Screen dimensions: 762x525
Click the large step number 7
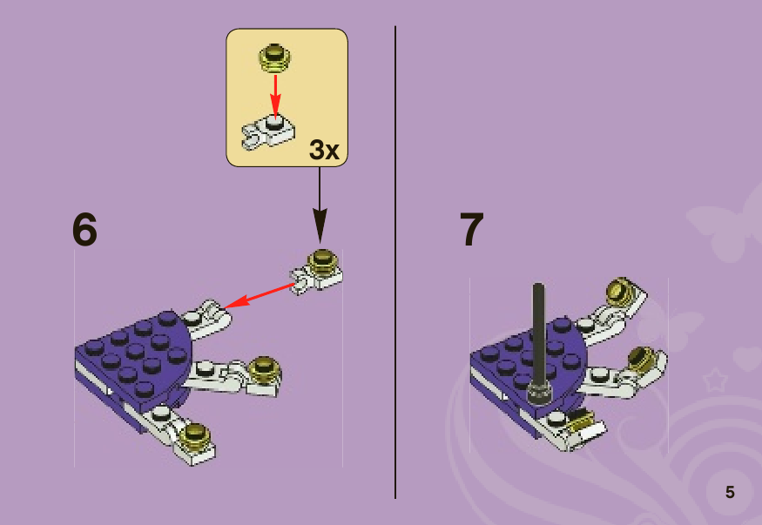coord(471,229)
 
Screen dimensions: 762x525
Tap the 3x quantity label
coord(324,149)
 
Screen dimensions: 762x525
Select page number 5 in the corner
coord(730,492)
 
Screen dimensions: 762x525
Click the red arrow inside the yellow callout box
coord(275,96)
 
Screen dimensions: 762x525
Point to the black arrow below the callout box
coord(320,204)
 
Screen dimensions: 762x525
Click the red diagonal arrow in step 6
coord(260,295)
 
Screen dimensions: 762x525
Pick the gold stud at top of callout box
coord(274,57)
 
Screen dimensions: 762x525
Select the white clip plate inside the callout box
coord(267,131)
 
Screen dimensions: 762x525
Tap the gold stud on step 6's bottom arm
coord(195,434)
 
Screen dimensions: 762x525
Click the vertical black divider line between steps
coord(395,262)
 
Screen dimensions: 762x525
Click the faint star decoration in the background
coord(715,380)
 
